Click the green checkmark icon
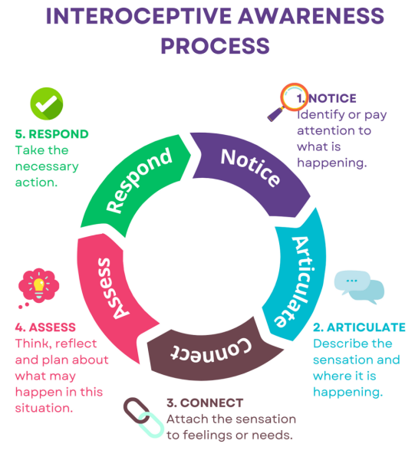pyautogui.click(x=47, y=104)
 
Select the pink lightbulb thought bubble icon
pyautogui.click(x=38, y=287)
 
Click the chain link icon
pyautogui.click(x=143, y=417)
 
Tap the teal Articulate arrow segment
pyautogui.click(x=298, y=277)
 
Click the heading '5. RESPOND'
pyautogui.click(x=51, y=134)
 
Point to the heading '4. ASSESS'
pyautogui.click(x=45, y=327)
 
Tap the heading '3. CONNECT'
pyautogui.click(x=205, y=403)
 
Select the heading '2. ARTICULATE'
pyautogui.click(x=359, y=327)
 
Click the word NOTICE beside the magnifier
pyautogui.click(x=332, y=98)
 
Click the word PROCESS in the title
pyautogui.click(x=216, y=46)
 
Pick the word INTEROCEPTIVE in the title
pyautogui.click(x=139, y=16)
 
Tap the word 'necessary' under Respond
pyautogui.click(x=47, y=167)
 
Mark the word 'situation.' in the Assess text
pyautogui.click(x=44, y=408)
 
